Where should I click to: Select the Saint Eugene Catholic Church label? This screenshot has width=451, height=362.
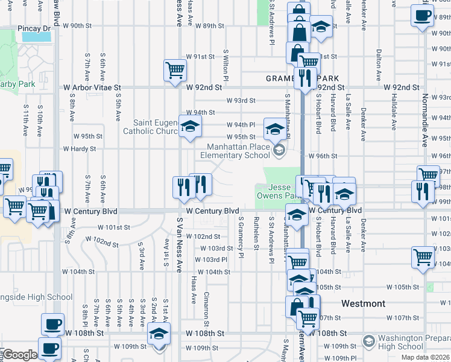point(151,127)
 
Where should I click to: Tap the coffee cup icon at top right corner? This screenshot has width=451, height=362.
point(422,15)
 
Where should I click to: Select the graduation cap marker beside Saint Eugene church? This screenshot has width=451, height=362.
point(190,126)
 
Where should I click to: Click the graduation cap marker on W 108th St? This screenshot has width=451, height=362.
point(159,333)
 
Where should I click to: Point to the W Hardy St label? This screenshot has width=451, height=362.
point(80,148)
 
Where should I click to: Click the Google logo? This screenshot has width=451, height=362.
point(19,355)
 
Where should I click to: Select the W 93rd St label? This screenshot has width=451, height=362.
point(241,101)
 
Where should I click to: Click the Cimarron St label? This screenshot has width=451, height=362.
point(206,302)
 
